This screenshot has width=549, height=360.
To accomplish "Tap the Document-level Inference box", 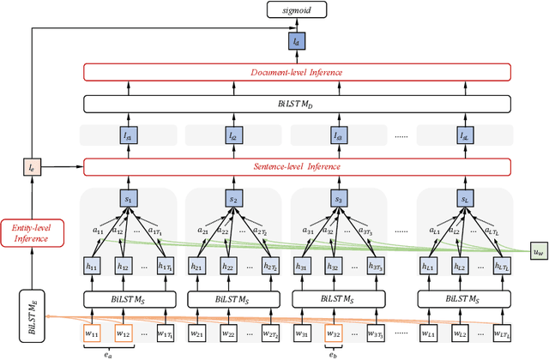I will point(296,72).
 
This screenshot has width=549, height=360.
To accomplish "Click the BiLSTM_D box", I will point(296,104).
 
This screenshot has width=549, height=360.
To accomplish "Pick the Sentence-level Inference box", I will point(296,165).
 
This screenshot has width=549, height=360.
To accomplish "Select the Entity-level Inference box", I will point(33,231).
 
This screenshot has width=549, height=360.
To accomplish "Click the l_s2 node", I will point(234,135).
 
